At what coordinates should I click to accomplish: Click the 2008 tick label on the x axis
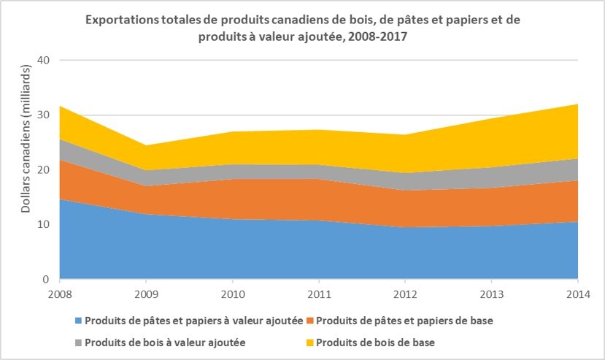[59, 294]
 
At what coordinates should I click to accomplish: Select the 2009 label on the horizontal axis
[146, 294]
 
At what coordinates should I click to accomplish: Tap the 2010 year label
[232, 294]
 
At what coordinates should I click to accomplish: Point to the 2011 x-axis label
[319, 294]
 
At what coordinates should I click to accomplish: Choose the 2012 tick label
[406, 294]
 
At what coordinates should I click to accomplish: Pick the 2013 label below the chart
[492, 294]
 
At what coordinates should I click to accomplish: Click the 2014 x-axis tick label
[578, 294]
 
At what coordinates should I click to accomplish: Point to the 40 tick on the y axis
[43, 60]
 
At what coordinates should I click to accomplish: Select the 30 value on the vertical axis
[43, 115]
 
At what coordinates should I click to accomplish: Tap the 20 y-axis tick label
[43, 169]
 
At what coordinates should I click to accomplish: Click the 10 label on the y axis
[43, 224]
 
